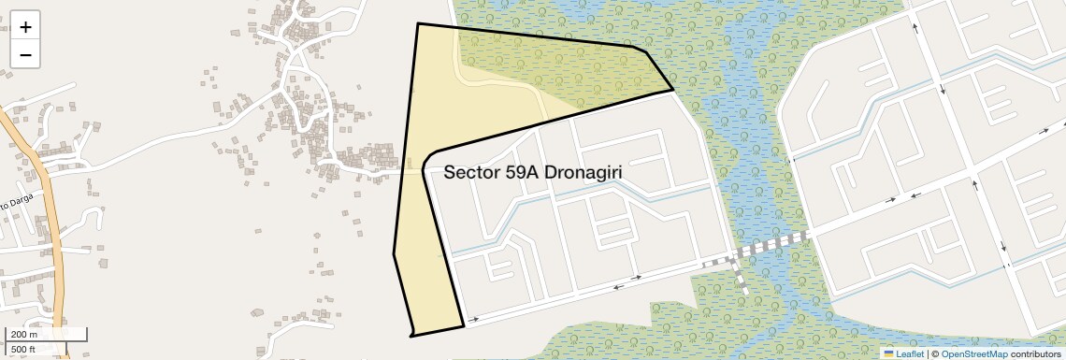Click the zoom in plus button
pos(25,27)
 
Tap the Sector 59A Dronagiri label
pos(533,173)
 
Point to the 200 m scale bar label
pos(24,335)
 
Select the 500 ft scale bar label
pos(24,350)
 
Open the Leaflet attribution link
pos(909,353)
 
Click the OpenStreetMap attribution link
pos(973,353)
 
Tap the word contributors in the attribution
pos(1035,353)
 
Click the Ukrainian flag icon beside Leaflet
pos(889,353)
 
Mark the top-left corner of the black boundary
pos(417,23)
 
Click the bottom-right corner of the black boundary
pos(464,326)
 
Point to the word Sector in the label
pos(469,173)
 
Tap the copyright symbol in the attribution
pos(934,353)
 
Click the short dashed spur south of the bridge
pos(740,280)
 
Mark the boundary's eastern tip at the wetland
pos(673,91)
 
